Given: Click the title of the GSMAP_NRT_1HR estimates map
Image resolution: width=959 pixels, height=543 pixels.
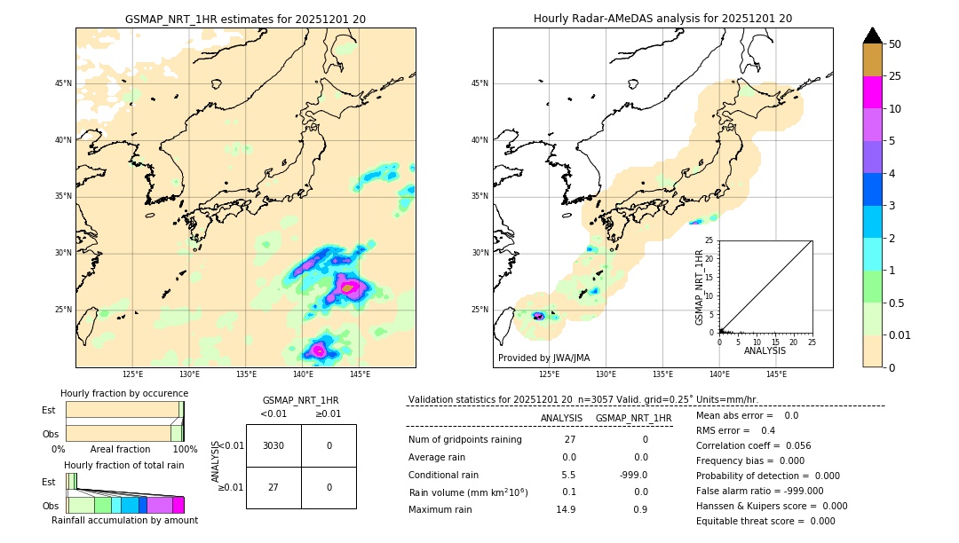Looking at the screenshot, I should click(x=245, y=19).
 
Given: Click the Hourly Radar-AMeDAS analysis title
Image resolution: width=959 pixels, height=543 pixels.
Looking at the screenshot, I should click(x=662, y=19).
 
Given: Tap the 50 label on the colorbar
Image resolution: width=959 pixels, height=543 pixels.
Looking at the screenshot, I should click(x=895, y=44).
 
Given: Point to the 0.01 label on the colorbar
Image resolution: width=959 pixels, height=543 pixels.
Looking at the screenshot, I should click(x=900, y=334).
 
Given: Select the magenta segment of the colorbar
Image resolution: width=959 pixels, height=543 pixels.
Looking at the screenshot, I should click(x=872, y=92).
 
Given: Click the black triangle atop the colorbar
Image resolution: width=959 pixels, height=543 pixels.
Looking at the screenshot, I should click(x=872, y=35).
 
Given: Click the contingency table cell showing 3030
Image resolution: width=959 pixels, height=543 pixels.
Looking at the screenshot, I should click(x=273, y=445).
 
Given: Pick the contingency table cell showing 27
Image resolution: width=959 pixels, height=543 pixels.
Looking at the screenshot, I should click(x=273, y=487).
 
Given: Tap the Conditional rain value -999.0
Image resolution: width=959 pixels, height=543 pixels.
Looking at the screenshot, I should click(x=633, y=475).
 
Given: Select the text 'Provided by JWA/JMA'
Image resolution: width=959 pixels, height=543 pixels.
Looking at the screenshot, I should click(x=543, y=358).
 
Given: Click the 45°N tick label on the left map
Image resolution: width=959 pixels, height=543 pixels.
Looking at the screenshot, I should click(x=63, y=83).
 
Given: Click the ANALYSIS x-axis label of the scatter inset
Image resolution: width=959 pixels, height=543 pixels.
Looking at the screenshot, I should click(x=765, y=351).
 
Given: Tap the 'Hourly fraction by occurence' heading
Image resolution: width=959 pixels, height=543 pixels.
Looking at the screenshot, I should click(x=124, y=393).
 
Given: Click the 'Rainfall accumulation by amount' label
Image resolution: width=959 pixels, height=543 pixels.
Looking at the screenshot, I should click(x=124, y=520).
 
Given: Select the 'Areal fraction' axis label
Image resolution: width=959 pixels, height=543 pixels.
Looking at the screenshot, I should click(x=120, y=449).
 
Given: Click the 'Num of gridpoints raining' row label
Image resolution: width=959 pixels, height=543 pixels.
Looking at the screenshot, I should click(x=465, y=439).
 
